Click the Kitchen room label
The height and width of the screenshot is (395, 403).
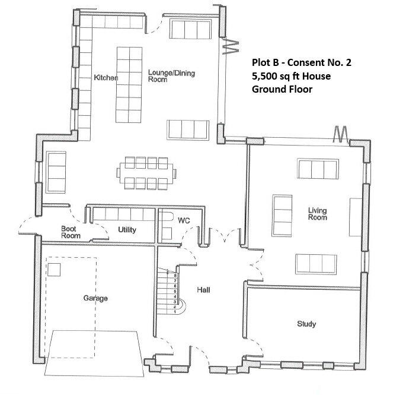(106, 78)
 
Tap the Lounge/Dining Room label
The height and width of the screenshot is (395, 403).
(171, 76)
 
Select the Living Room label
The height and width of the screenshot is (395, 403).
(317, 214)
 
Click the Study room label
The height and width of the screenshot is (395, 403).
(306, 324)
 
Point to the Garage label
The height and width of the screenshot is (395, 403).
(95, 298)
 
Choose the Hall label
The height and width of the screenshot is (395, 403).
(204, 290)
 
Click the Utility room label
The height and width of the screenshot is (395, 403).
(128, 229)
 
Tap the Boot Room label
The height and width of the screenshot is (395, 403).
(71, 232)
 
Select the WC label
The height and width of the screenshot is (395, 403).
(184, 220)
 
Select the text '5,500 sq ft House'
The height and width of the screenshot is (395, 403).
(291, 76)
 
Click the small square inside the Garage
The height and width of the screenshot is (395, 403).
(55, 270)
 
